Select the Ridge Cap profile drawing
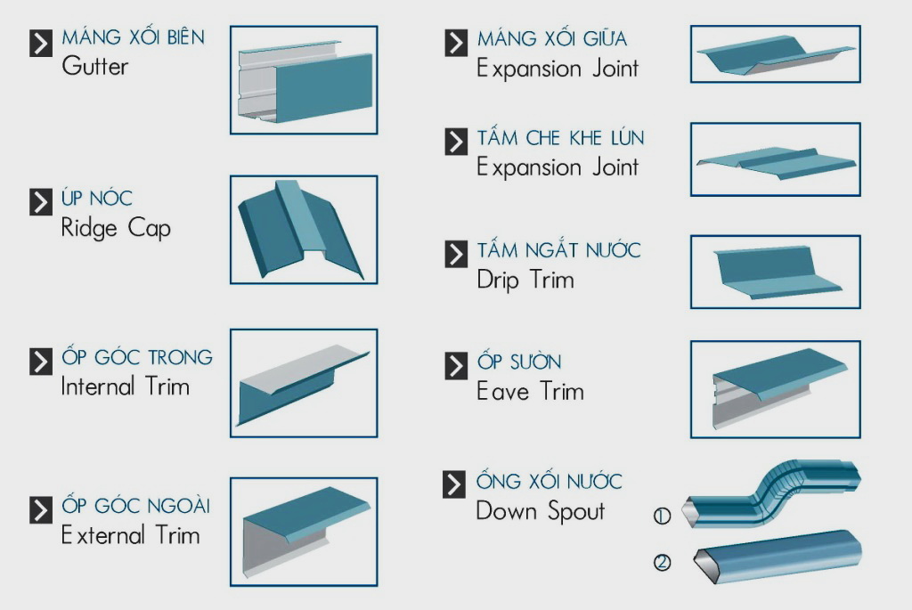click(304, 230)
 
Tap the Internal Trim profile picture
click(304, 383)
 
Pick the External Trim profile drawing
click(304, 531)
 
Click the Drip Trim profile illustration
click(775, 272)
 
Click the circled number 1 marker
click(662, 516)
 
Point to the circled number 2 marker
click(662, 563)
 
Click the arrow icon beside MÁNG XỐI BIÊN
click(41, 43)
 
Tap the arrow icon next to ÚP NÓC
click(41, 201)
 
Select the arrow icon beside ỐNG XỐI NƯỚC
click(455, 484)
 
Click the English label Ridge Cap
click(116, 229)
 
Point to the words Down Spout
click(540, 511)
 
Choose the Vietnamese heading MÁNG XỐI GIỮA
click(551, 39)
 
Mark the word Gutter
click(95, 67)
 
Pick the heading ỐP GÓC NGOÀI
click(136, 506)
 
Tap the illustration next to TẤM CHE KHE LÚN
click(775, 159)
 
